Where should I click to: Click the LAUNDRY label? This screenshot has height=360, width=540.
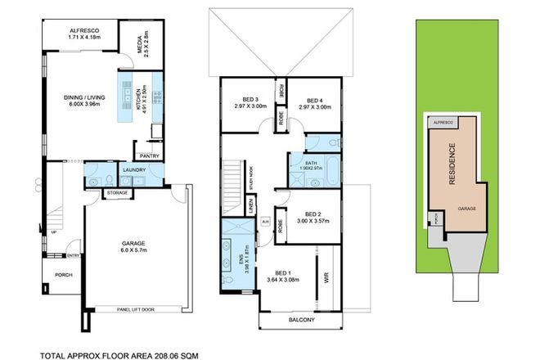point(133,170)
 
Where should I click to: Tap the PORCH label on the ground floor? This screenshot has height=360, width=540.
point(63,274)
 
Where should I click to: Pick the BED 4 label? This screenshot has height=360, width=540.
point(314,101)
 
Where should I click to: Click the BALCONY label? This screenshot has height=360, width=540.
point(300,319)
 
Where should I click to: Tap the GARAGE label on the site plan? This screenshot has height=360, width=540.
point(467,209)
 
